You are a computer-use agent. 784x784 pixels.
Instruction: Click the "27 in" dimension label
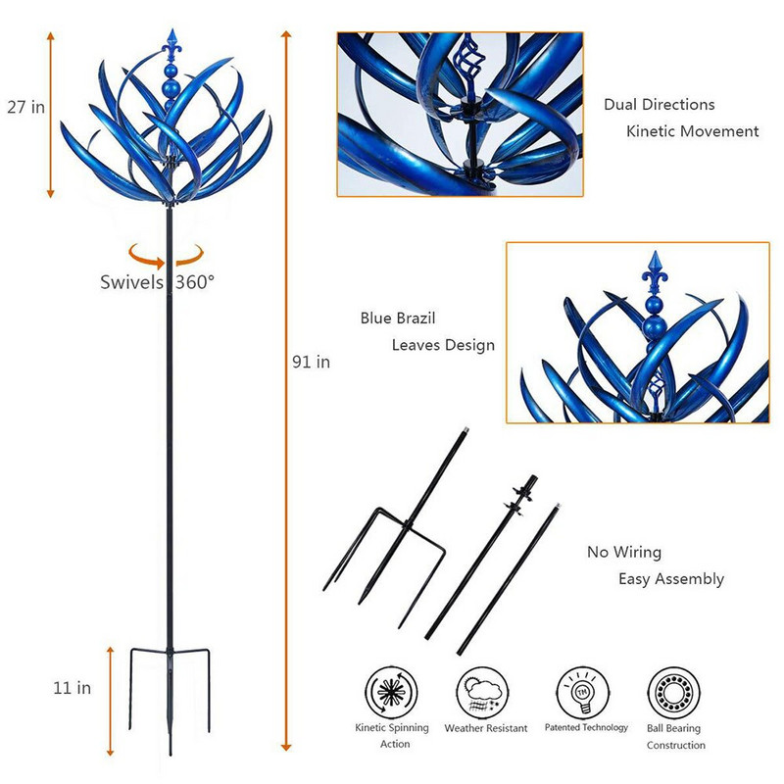[x=26, y=107]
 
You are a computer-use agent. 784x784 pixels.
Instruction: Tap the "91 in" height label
[x=311, y=362]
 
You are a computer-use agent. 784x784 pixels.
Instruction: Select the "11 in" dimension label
[x=73, y=688]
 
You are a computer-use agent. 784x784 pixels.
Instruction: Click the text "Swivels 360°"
[x=158, y=282]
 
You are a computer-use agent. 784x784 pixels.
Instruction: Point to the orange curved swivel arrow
[x=166, y=255]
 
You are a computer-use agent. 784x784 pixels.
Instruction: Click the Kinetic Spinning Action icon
[x=391, y=692]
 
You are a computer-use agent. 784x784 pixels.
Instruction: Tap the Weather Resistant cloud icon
[x=482, y=693]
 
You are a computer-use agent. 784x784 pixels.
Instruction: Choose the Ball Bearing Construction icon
[x=674, y=693]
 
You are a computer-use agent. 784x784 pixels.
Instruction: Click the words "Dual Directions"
[x=660, y=105]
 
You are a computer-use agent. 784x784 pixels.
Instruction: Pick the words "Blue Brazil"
[x=398, y=318]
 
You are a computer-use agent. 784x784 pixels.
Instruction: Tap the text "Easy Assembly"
[x=671, y=579]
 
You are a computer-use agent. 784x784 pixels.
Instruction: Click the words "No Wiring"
[x=624, y=552]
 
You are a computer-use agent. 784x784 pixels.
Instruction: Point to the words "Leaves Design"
[x=444, y=345]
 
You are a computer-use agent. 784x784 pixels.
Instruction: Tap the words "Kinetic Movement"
[x=693, y=131]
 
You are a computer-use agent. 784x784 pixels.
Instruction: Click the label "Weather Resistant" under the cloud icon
[x=486, y=728]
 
